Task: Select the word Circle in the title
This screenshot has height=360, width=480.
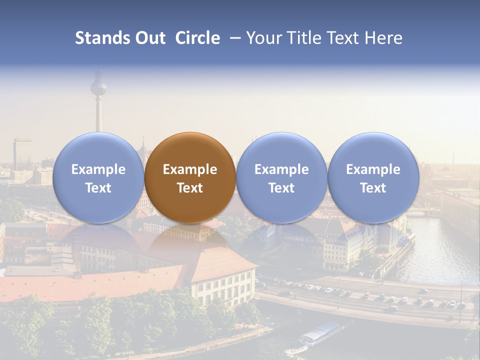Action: (x=197, y=38)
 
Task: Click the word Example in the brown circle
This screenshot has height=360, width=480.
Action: (x=190, y=169)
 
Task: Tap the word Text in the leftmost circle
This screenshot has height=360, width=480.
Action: (x=98, y=188)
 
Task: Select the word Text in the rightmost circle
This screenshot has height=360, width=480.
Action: (x=373, y=188)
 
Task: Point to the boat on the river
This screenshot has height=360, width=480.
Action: (x=320, y=333)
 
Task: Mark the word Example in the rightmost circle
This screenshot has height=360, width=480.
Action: (x=373, y=169)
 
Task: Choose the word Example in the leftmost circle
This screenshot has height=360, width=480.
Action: (x=98, y=169)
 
